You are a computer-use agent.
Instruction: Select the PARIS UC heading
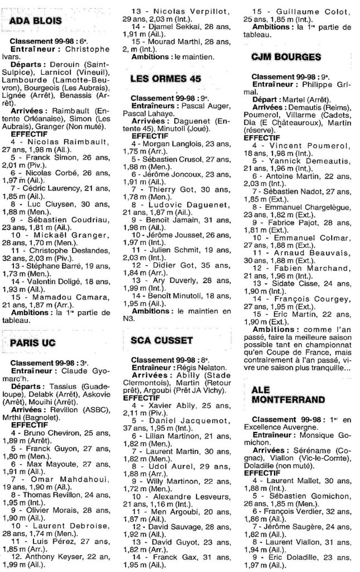pyautogui.click(x=35, y=342)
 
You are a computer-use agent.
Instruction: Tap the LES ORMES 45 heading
pyautogui.click(x=165, y=79)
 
